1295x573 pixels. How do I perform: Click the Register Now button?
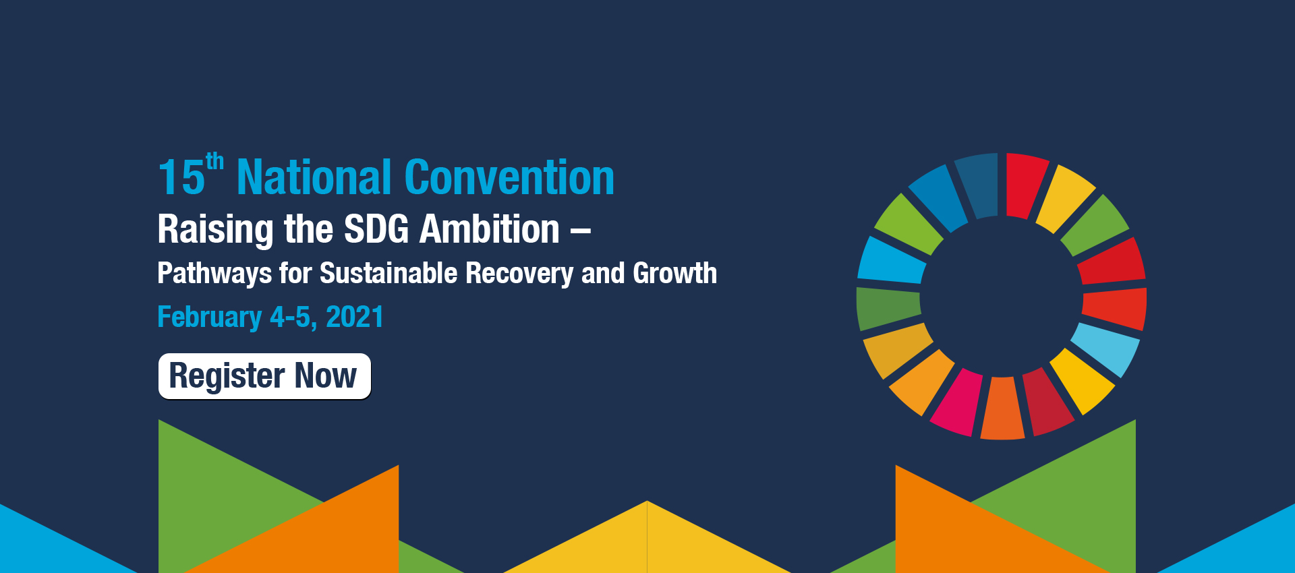(264, 376)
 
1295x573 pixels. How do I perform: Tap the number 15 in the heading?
(181, 178)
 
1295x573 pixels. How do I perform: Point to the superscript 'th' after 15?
(214, 162)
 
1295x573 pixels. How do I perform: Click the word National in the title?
(314, 177)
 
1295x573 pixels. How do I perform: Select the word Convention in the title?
(509, 177)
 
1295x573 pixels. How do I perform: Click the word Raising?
(216, 231)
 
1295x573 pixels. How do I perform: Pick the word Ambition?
(490, 229)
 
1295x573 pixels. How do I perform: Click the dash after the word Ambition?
(581, 232)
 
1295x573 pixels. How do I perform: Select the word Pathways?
(214, 274)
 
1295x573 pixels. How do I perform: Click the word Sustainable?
(388, 273)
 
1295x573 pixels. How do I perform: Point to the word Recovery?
(519, 274)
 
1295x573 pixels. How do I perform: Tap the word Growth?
(674, 273)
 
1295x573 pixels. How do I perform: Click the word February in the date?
(209, 318)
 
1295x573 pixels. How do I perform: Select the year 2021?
(355, 317)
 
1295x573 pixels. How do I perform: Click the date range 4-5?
(294, 318)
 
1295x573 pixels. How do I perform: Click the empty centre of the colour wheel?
(1002, 297)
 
